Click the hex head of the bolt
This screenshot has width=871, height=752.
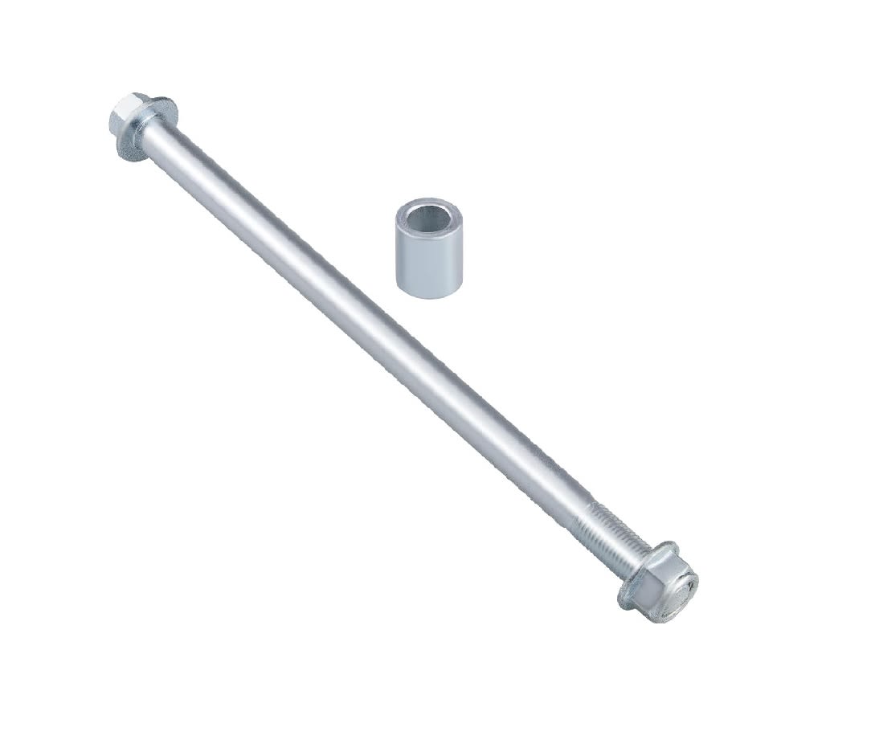(x=126, y=117)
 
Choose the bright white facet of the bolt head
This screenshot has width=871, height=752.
(x=121, y=108)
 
